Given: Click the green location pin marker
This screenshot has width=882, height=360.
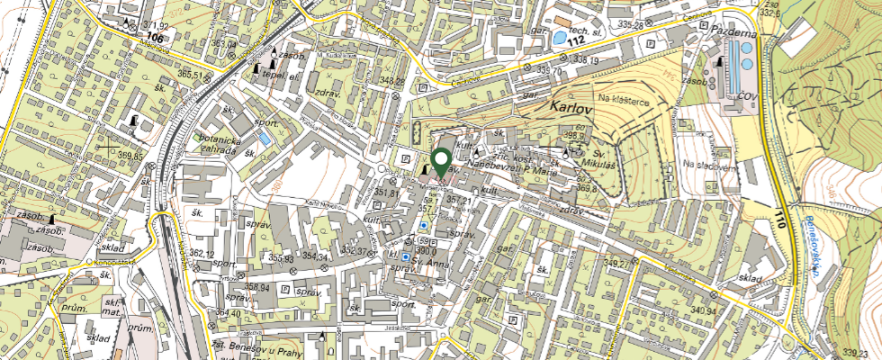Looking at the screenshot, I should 441,163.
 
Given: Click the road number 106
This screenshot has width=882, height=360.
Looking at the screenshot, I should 154,38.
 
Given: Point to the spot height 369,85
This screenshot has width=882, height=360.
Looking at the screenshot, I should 130,157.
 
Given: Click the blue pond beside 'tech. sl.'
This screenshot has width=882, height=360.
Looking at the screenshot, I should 561,39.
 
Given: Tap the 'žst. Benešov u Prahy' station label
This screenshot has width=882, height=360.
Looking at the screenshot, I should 263,348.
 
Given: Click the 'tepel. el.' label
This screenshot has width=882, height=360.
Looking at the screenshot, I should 274,76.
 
